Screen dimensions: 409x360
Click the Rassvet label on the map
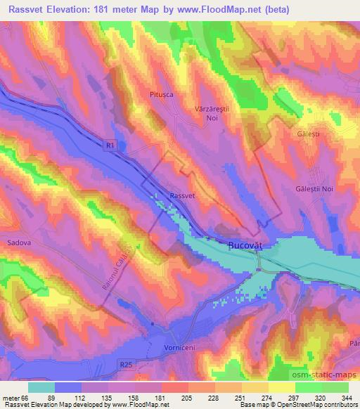coord(182,197)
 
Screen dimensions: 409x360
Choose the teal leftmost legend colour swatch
coord(41,387)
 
